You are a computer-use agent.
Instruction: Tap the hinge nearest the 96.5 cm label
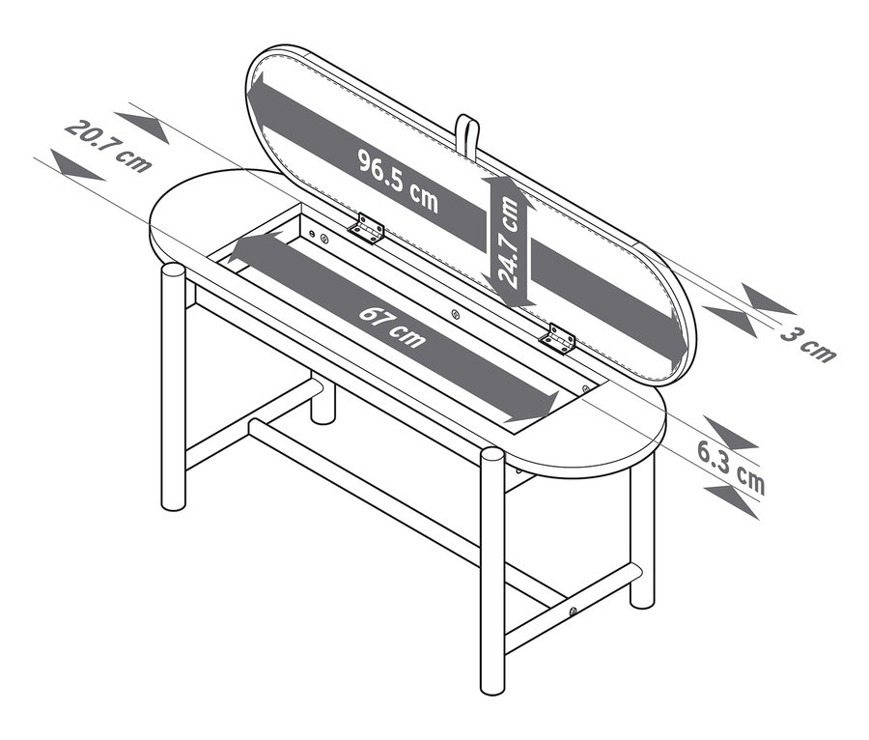pos(367,228)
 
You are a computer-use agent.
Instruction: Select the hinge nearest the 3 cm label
pos(557,338)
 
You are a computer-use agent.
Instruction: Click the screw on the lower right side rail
pos(574,612)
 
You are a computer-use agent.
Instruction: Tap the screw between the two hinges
pos(455,314)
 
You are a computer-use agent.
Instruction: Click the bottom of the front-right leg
pos(492,688)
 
